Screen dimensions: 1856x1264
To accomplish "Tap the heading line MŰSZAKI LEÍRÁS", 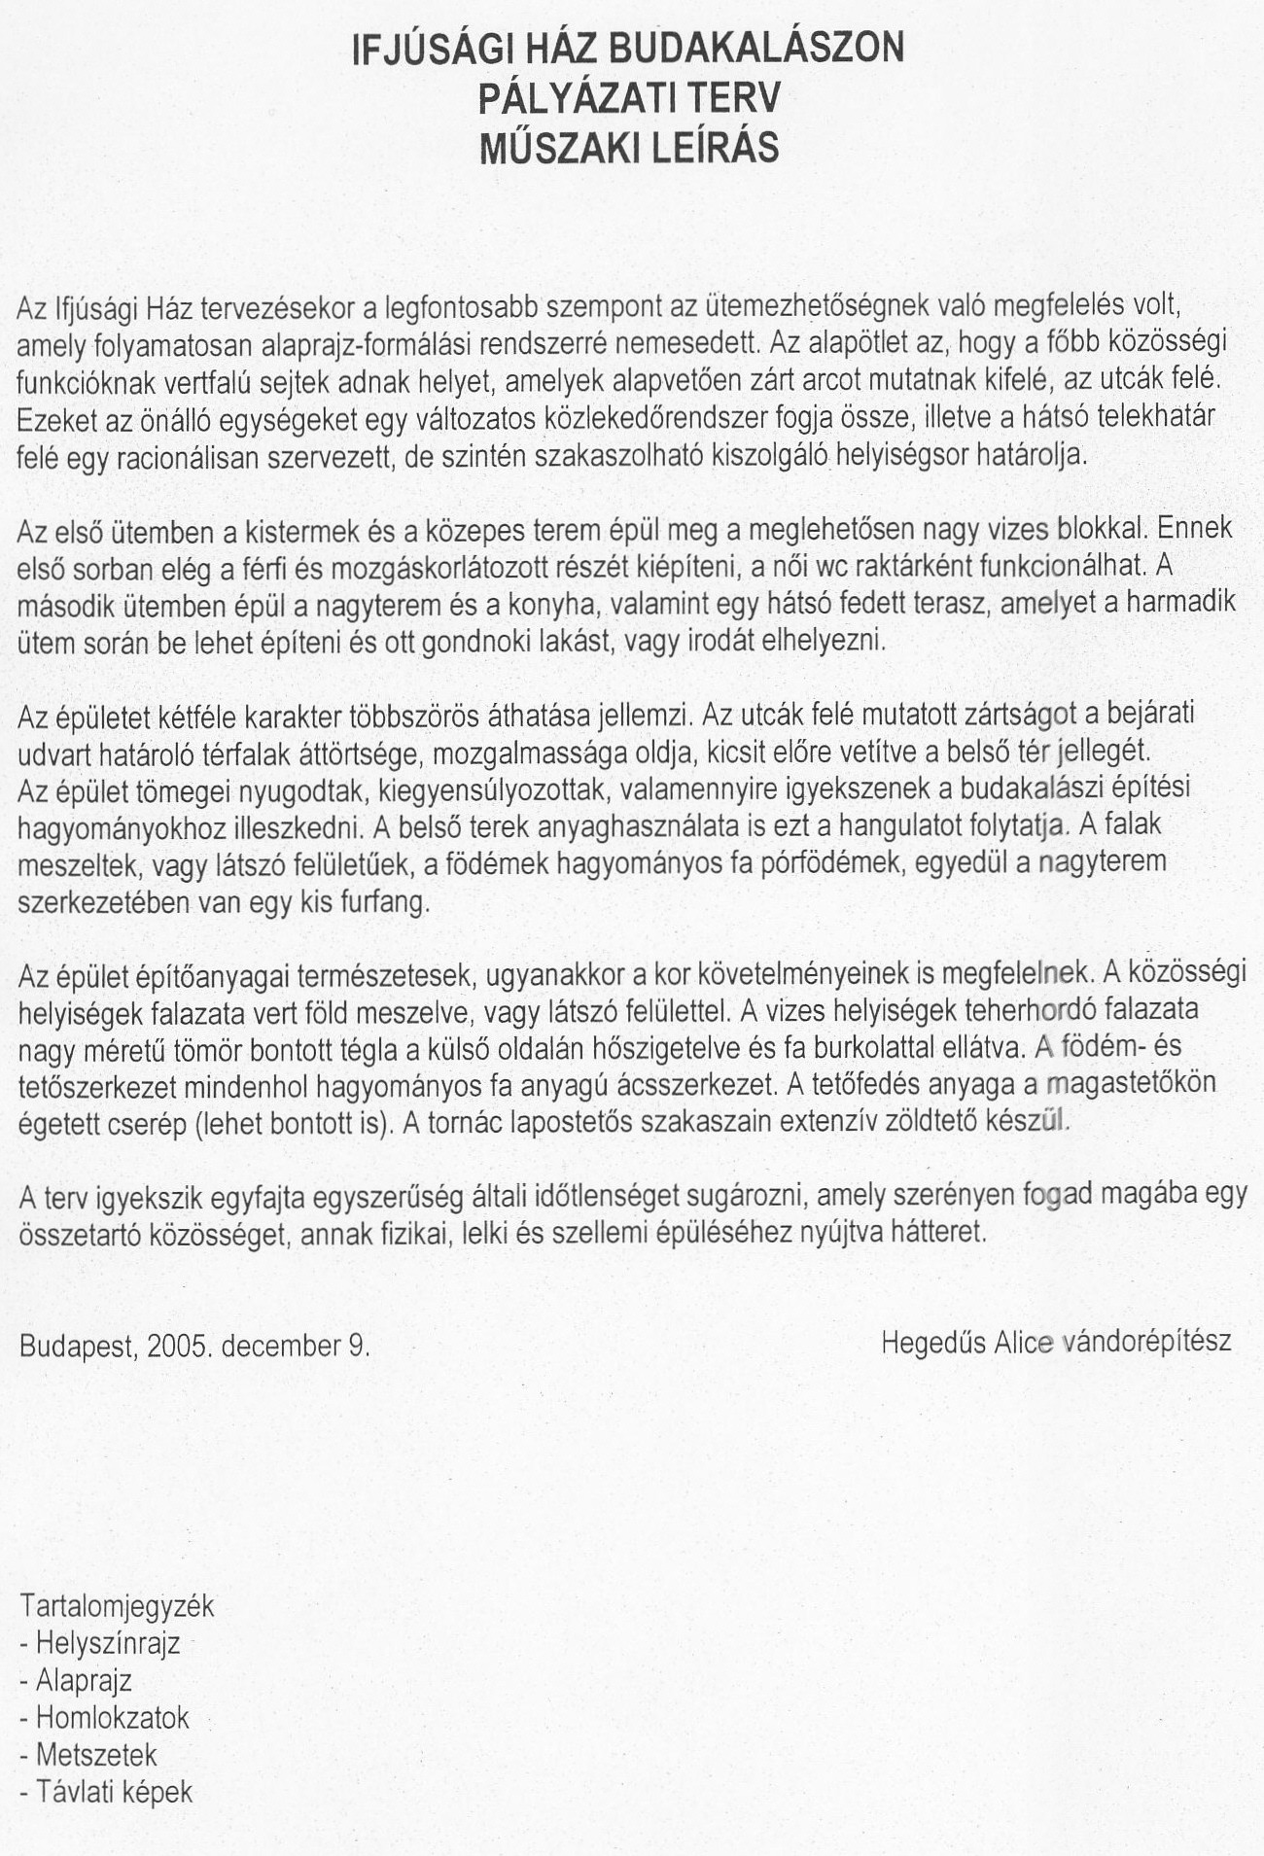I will [628, 148].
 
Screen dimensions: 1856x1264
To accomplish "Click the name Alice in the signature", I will [1024, 1343].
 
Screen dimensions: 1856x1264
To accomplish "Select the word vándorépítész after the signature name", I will [1148, 1343].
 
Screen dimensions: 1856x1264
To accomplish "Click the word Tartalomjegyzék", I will [117, 1605].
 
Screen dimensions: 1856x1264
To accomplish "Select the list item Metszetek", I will [96, 1754].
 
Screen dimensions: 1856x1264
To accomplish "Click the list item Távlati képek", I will [114, 1791].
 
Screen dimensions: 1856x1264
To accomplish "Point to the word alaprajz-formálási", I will [359, 344].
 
